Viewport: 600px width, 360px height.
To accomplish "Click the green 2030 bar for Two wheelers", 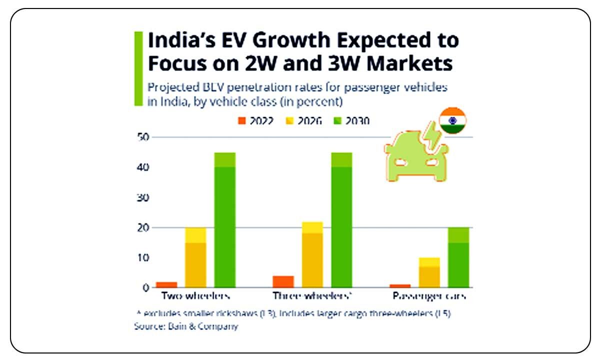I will click(x=225, y=220).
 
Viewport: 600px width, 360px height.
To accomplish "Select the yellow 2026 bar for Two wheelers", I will click(x=195, y=257).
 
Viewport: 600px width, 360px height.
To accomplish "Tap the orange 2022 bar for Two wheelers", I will click(x=166, y=284).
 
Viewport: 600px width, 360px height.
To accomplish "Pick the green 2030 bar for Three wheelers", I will click(x=342, y=220).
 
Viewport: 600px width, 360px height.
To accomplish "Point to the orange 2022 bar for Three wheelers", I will click(x=283, y=281).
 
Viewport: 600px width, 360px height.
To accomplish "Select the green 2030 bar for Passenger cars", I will click(x=458, y=257).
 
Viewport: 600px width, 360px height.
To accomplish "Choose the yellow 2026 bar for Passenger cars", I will click(x=429, y=272).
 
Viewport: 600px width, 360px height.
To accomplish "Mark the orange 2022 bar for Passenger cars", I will click(x=400, y=285).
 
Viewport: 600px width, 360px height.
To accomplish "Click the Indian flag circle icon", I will click(x=452, y=120).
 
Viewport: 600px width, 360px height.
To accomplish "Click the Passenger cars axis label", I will click(x=429, y=296).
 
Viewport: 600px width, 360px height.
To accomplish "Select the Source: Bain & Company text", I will click(x=186, y=326).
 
